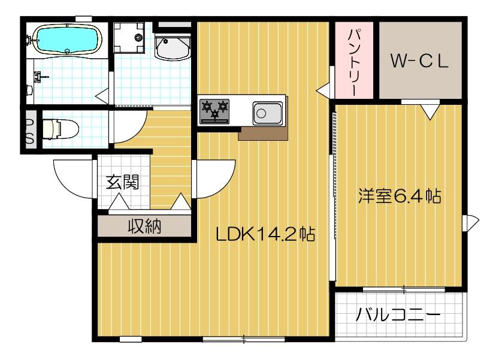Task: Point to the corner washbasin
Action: pyautogui.click(x=171, y=47)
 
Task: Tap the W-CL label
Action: pyautogui.click(x=420, y=60)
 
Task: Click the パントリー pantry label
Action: pyautogui.click(x=353, y=59)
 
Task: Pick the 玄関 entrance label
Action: pyautogui.click(x=123, y=181)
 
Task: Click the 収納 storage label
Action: pyautogui.click(x=144, y=226)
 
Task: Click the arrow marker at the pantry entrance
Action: pyautogui.click(x=324, y=90)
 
